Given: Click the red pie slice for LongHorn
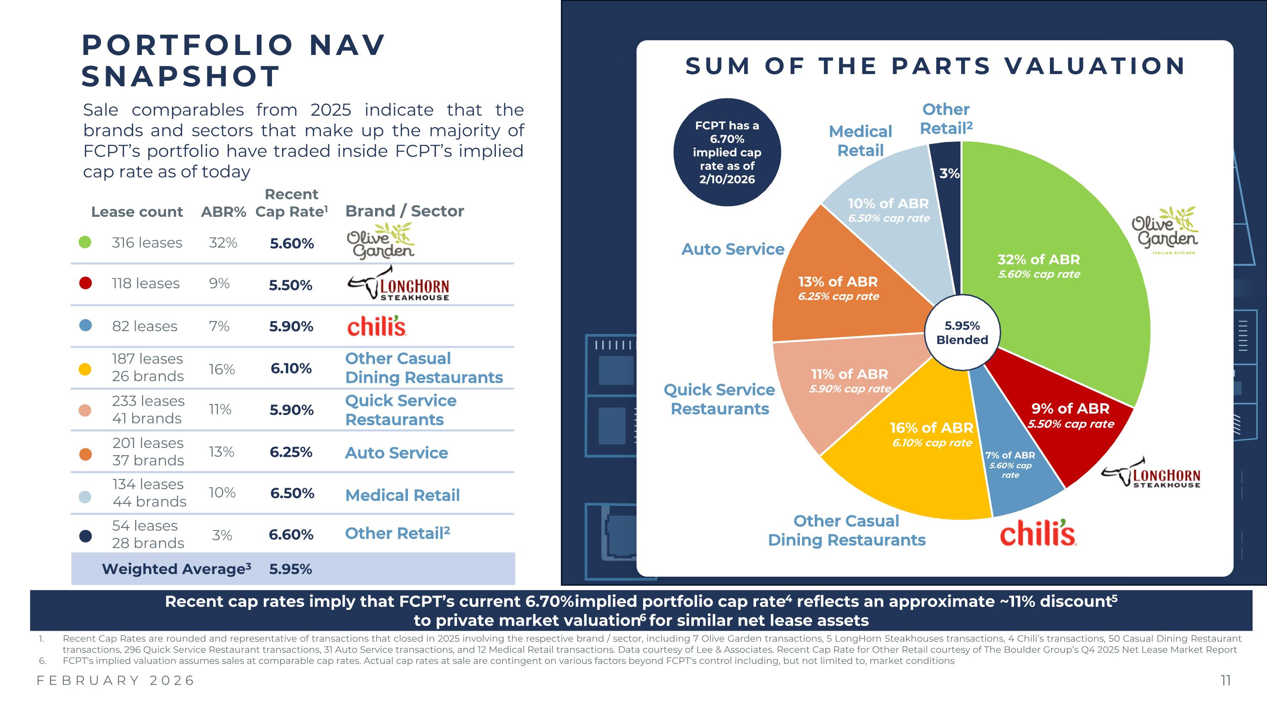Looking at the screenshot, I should coord(1067,418).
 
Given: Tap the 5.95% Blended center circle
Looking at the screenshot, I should coord(962,333).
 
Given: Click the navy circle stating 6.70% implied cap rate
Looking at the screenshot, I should coord(727,152).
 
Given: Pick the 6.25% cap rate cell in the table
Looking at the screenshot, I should coord(291,452).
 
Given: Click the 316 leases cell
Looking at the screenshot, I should coord(147,243).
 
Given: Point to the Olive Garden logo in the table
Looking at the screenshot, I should coord(381,241).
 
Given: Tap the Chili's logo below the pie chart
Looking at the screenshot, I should coord(1038,533).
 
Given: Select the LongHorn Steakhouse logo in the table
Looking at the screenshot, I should coord(398,285).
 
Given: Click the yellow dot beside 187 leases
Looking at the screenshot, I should coord(85,369).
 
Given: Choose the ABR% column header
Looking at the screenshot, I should coord(223,212).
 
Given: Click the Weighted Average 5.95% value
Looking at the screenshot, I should coord(290,569).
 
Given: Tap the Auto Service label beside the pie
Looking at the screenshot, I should coord(732,249).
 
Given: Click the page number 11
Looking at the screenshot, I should coord(1225,680).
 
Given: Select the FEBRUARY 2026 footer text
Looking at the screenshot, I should coord(116,680).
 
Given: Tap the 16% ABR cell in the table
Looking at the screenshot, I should coord(222,369).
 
